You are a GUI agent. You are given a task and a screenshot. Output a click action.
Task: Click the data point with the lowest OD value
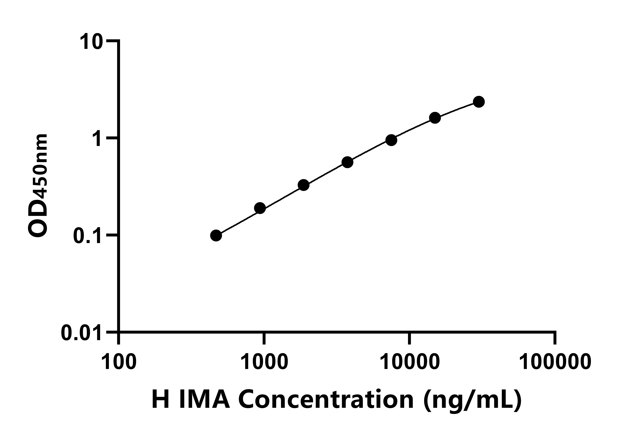216,235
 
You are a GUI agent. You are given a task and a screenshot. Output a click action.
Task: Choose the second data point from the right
435,118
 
